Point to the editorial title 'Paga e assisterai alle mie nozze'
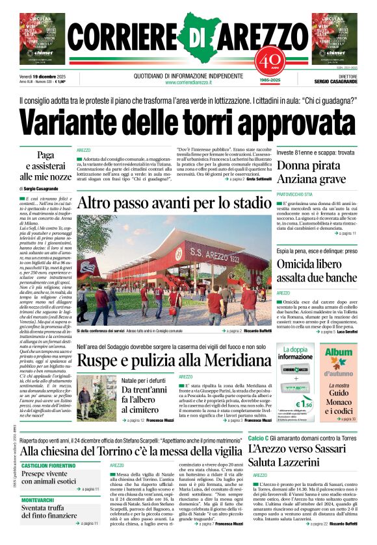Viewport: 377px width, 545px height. tap(45, 165)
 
